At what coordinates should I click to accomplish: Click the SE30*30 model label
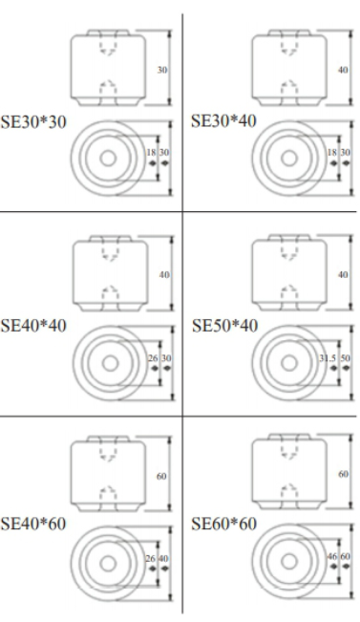pyautogui.click(x=33, y=121)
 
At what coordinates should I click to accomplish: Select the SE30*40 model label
pyautogui.click(x=223, y=121)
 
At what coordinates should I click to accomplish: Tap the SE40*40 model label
pyautogui.click(x=33, y=326)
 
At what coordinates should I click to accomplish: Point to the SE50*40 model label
pyautogui.click(x=224, y=326)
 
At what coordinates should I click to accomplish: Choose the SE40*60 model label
pyautogui.click(x=33, y=524)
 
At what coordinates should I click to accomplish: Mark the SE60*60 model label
pyautogui.click(x=224, y=524)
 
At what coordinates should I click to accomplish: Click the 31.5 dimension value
pyautogui.click(x=328, y=358)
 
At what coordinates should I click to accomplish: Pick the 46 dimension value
pyautogui.click(x=332, y=556)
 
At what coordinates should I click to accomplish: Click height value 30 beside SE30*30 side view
pyautogui.click(x=162, y=70)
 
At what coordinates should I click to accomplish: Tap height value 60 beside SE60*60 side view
pyautogui.click(x=344, y=474)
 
